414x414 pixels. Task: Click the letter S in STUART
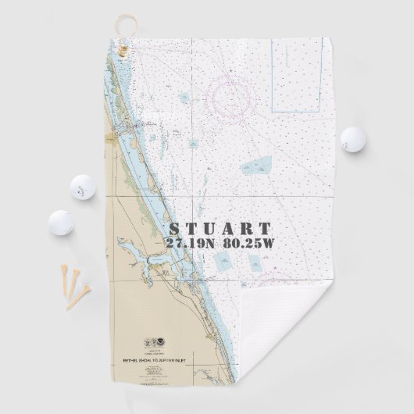pyautogui.click(x=174, y=229)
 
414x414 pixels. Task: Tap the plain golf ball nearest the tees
pyautogui.click(x=59, y=222)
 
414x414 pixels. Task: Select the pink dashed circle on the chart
pyautogui.click(x=232, y=98)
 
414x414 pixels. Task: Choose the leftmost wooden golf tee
pyautogui.click(x=63, y=280)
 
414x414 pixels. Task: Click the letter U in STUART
pyautogui.click(x=210, y=229)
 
